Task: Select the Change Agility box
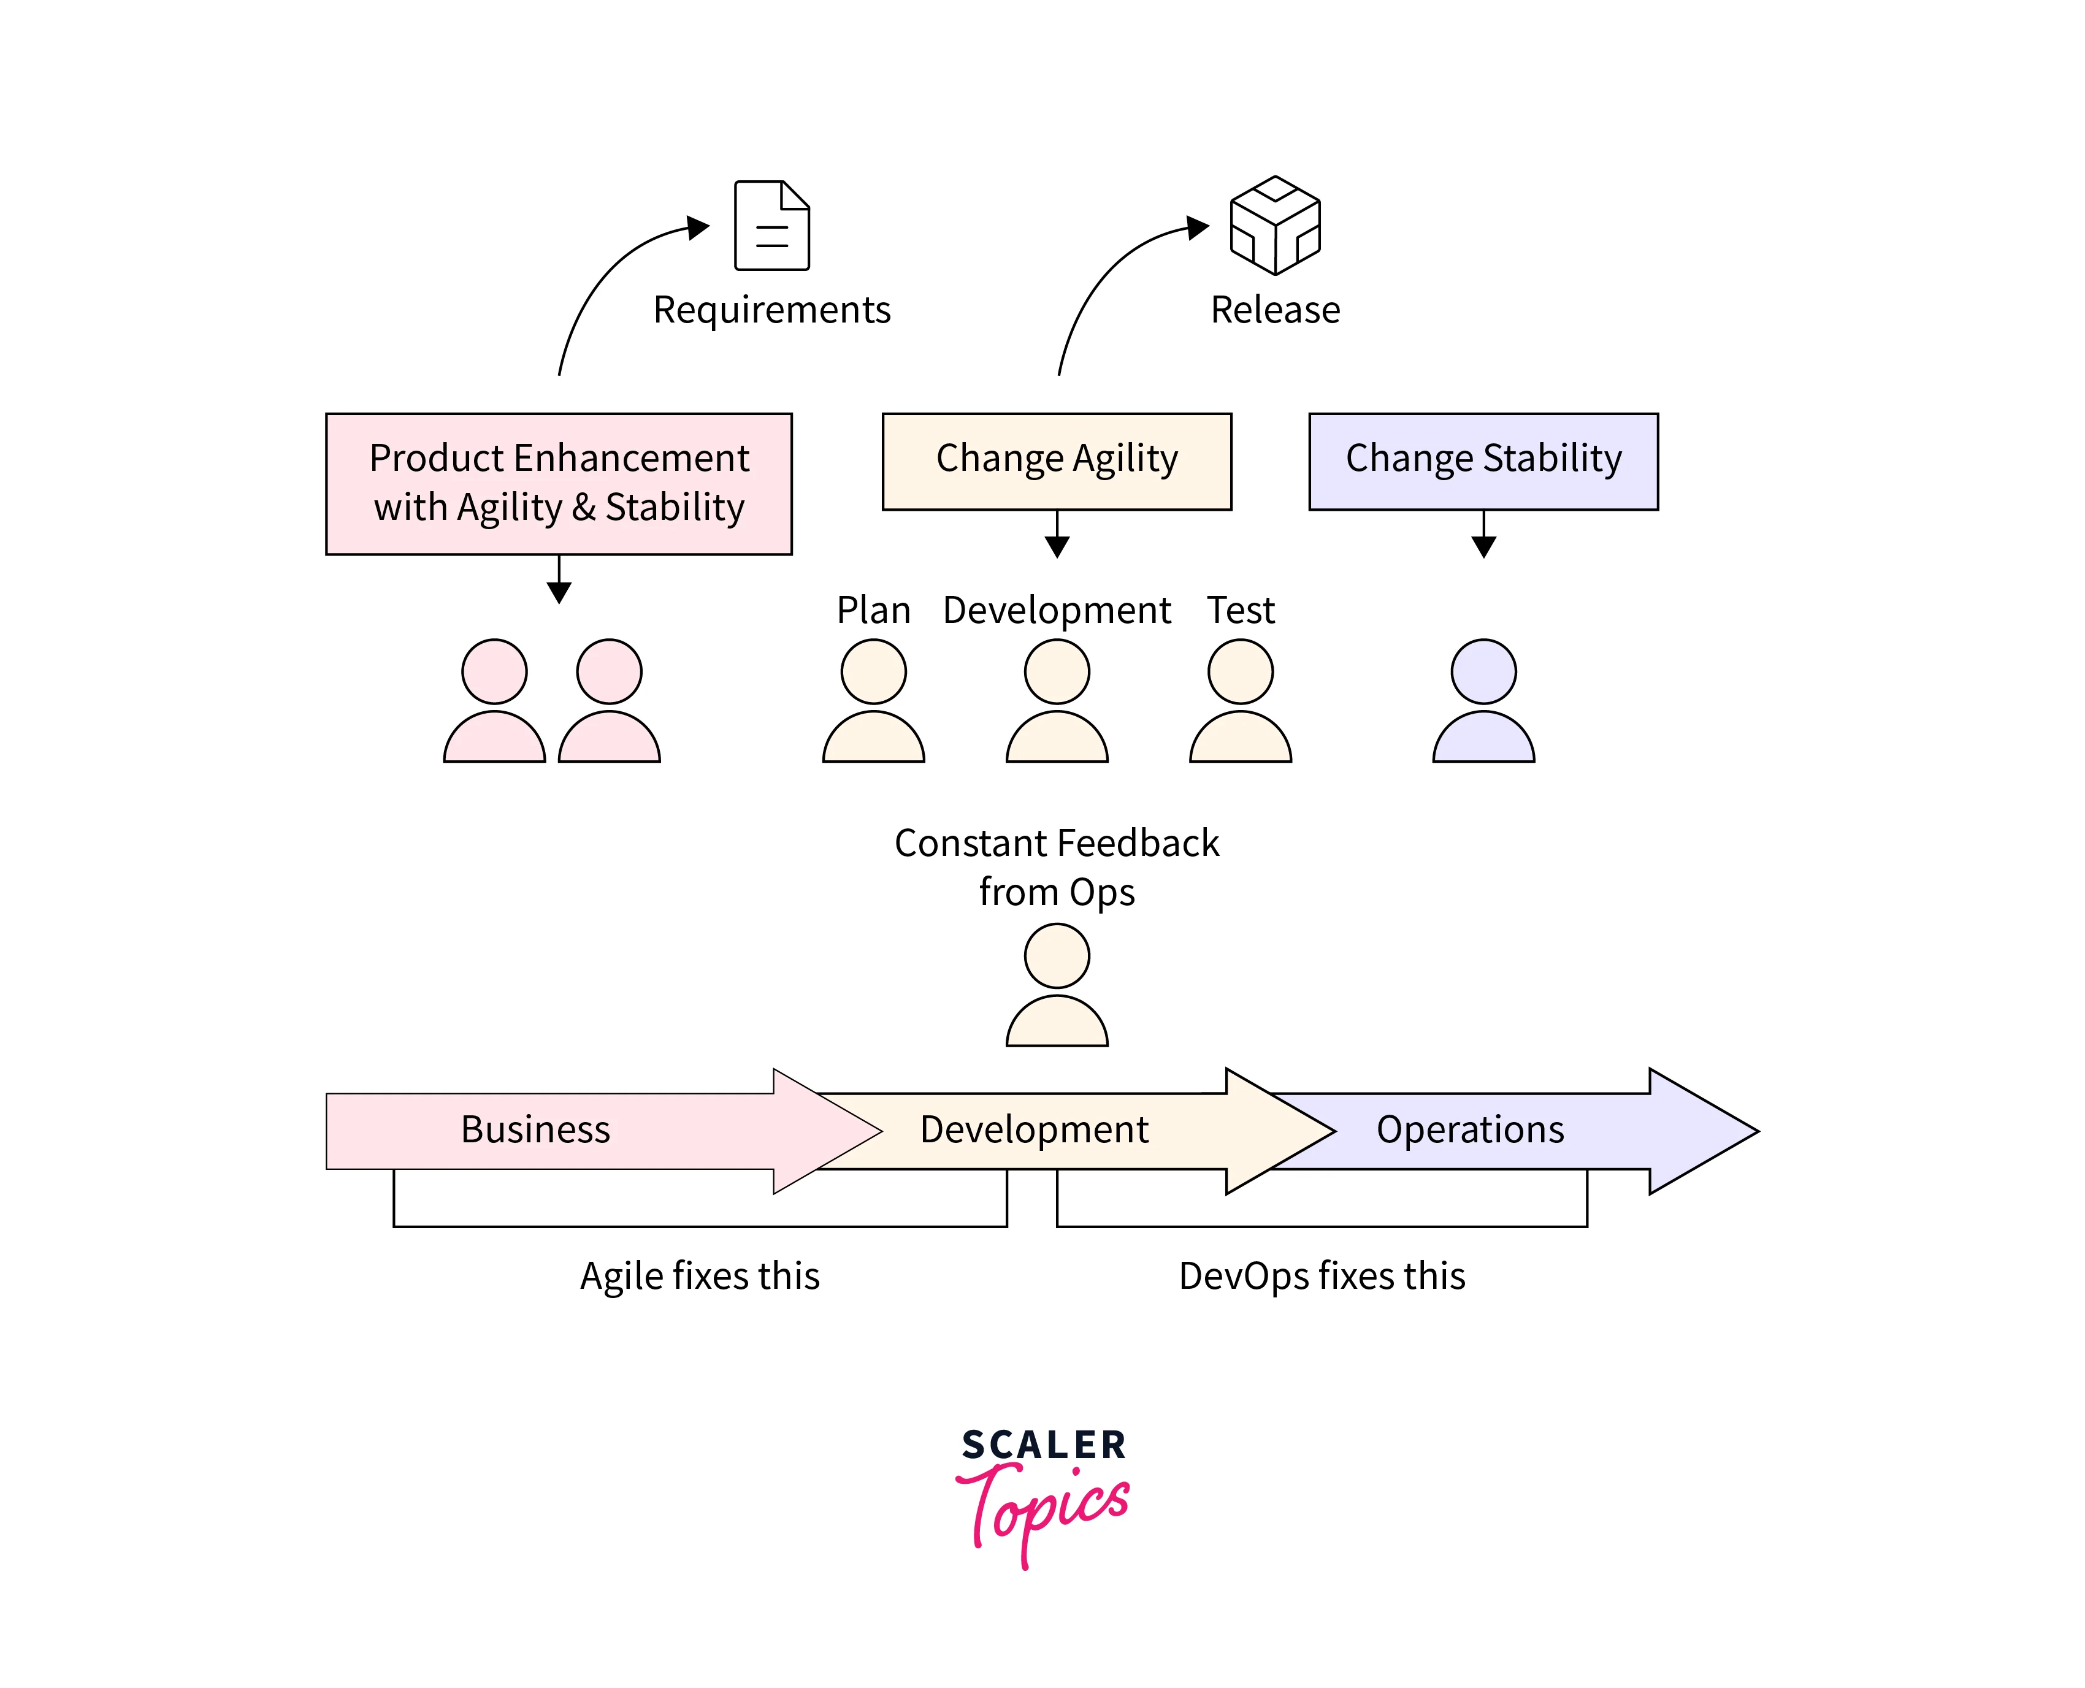pyautogui.click(x=1056, y=461)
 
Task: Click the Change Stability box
pyautogui.click(x=1482, y=461)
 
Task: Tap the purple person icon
pyautogui.click(x=1482, y=700)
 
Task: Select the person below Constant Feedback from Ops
pyautogui.click(x=1056, y=984)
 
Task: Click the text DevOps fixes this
pyautogui.click(x=1321, y=1276)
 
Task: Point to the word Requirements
pyautogui.click(x=771, y=309)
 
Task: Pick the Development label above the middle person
pyautogui.click(x=1056, y=609)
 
